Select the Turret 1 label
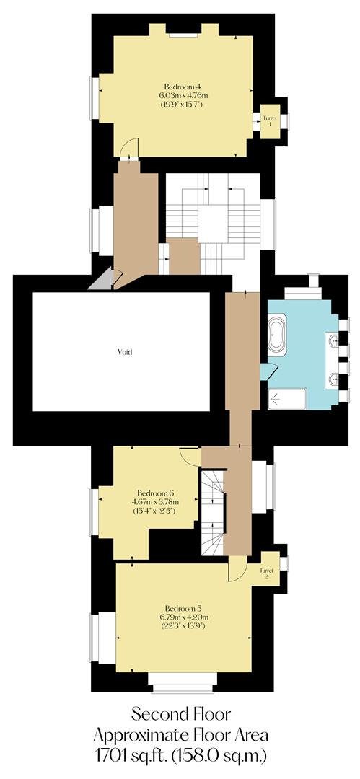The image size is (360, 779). click(x=270, y=120)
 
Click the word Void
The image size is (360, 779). click(x=126, y=352)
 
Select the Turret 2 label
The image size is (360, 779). click(x=267, y=574)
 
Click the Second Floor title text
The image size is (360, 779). click(x=181, y=715)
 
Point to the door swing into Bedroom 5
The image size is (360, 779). click(x=236, y=571)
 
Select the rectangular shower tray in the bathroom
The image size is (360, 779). click(x=287, y=399)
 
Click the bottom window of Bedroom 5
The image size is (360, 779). click(x=183, y=679)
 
